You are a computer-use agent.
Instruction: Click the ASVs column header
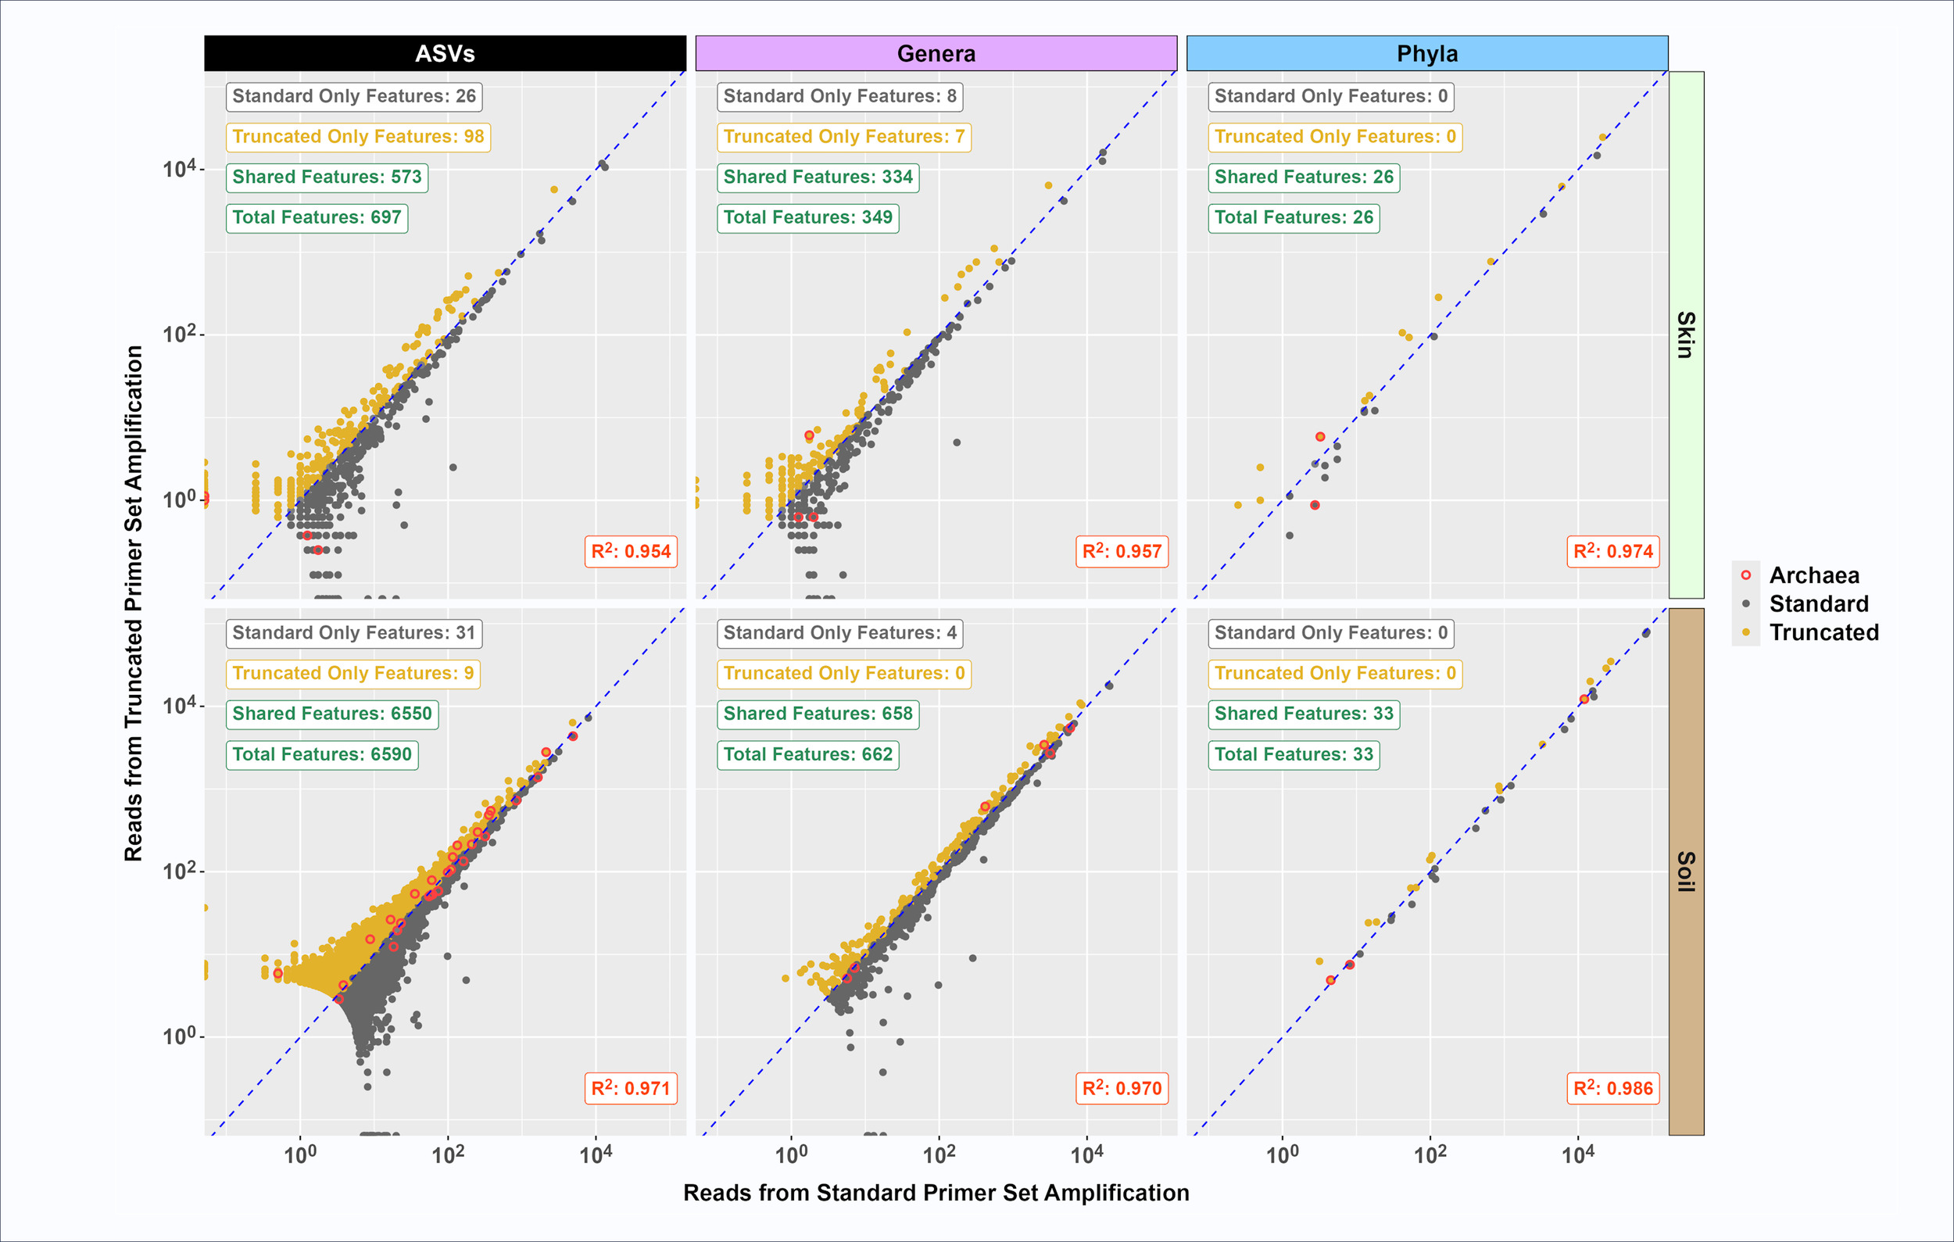coord(445,54)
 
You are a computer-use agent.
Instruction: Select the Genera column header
coord(936,54)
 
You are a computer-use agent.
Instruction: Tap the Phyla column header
coord(1426,54)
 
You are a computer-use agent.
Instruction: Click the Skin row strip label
coord(1686,335)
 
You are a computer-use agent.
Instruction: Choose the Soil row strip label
coord(1686,872)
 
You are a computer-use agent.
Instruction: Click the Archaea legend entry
coord(1813,575)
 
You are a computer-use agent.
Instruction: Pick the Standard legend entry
coord(1819,603)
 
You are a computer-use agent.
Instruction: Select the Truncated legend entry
coord(1823,632)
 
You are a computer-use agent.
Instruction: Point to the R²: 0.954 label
coord(631,552)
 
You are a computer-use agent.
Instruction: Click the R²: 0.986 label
coord(1612,1088)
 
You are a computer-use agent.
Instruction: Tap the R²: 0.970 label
coord(1122,1088)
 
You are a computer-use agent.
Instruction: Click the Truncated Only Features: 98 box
coord(358,136)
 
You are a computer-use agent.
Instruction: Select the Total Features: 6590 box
coord(322,754)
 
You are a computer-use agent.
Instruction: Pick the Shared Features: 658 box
coord(818,714)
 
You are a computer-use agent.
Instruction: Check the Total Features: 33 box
coord(1294,754)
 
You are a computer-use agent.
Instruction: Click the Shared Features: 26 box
coord(1303,177)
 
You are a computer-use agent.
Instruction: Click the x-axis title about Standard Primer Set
coord(936,1193)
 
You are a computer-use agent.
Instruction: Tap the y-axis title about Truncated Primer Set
coord(134,603)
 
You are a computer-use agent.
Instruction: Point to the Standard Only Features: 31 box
coord(354,633)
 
